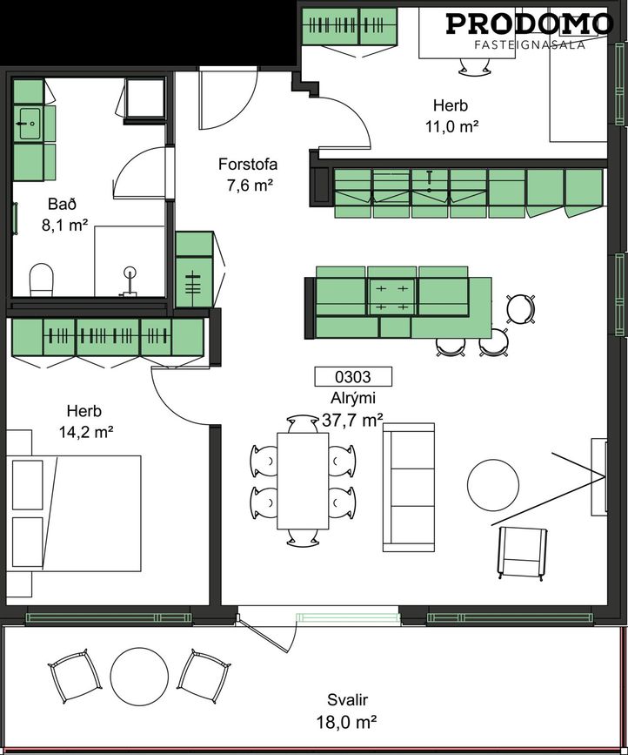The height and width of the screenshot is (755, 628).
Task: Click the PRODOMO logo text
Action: click(530, 24)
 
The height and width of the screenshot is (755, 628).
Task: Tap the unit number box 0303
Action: click(353, 376)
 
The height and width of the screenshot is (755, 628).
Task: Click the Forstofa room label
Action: click(248, 165)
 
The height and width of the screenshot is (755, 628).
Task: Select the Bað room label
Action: click(62, 204)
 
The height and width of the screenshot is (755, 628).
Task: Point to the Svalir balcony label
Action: click(347, 699)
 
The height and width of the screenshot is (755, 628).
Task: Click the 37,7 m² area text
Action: click(352, 421)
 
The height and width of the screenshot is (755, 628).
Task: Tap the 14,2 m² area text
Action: click(86, 433)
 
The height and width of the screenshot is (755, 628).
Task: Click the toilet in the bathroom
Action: click(42, 280)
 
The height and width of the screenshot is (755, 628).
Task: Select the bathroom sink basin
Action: click(29, 124)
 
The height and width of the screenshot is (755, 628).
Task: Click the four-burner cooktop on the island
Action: click(392, 297)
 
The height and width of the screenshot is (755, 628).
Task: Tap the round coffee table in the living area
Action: click(493, 484)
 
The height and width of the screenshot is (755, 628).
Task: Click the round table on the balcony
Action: click(139, 677)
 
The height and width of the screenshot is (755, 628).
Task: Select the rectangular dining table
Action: click(303, 481)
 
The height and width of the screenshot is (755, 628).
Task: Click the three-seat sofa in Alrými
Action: click(409, 487)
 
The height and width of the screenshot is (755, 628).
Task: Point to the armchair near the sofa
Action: click(523, 552)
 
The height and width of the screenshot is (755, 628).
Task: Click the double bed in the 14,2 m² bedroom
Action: click(74, 513)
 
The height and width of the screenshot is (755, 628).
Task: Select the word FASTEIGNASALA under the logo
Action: click(530, 44)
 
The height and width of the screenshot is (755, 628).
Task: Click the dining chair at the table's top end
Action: click(303, 424)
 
